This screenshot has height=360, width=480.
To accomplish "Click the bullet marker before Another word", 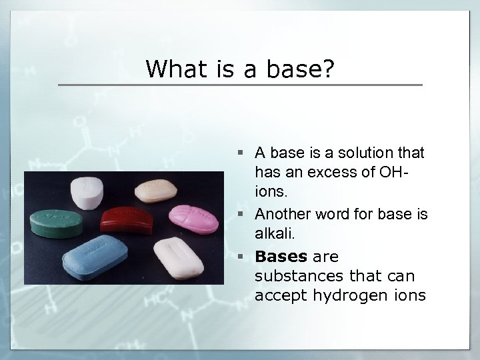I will (245, 215).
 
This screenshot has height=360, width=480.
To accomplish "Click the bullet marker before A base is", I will (245, 153).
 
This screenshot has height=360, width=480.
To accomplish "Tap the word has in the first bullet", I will (267, 171).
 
